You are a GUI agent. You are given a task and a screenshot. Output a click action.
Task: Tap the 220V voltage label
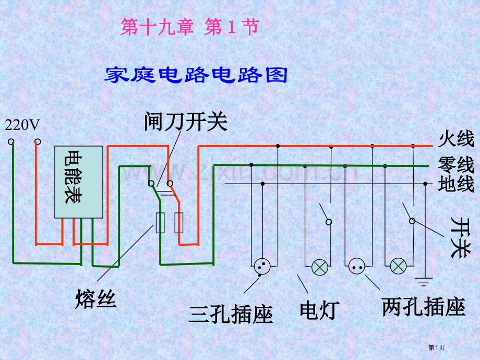pos(22,125)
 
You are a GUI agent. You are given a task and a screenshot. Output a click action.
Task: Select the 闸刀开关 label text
pos(186,122)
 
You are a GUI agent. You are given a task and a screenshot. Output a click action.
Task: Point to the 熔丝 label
pos(96,299)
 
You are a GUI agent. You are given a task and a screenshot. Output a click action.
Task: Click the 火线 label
pos(456,139)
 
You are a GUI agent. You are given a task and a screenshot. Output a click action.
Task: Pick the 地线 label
pos(456,184)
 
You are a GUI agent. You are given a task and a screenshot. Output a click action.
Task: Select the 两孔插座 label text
pos(424,307)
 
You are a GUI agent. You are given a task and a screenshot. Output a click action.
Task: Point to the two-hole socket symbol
pos(357,267)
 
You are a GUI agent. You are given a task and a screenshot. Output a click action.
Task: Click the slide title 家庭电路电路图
pos(197,75)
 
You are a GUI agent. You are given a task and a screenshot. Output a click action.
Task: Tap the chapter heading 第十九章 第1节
pos(189,28)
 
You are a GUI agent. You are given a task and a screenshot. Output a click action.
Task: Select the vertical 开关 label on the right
pos(459,237)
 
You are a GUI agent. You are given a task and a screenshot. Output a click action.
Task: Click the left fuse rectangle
pos(161,223)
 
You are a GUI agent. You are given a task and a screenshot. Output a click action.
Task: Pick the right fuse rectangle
pos(179,223)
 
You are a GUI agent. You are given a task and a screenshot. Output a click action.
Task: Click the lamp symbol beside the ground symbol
pos(399,267)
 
